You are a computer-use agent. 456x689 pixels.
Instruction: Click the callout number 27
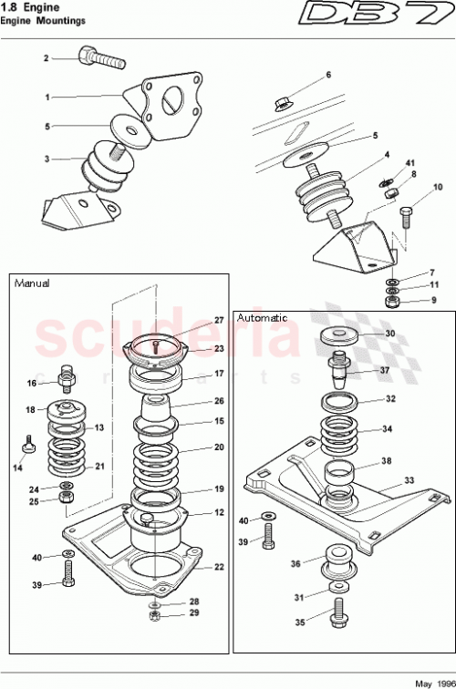click(219, 320)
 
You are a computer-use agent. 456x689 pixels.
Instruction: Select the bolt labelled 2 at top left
click(100, 60)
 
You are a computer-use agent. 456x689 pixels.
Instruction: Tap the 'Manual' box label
click(32, 283)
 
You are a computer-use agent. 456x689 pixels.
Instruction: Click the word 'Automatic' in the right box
click(262, 318)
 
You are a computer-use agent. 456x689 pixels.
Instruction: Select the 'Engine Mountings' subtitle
click(43, 19)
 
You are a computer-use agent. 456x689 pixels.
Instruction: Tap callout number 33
click(409, 479)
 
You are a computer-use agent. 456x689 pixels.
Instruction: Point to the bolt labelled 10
click(407, 220)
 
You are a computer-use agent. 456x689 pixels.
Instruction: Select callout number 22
click(219, 567)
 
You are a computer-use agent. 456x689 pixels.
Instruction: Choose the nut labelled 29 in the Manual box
click(155, 617)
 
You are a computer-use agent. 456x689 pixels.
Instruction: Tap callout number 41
click(410, 162)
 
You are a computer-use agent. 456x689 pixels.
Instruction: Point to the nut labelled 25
click(67, 501)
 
